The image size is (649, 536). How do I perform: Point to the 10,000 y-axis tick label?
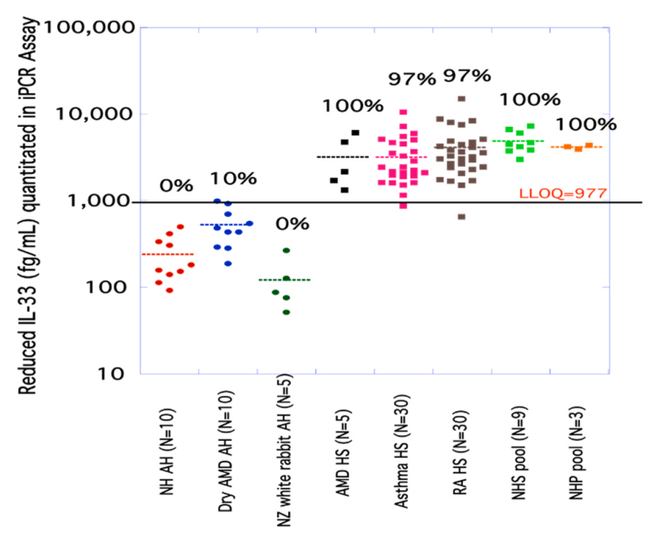pos(94,115)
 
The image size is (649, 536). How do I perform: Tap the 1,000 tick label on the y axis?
pos(100,201)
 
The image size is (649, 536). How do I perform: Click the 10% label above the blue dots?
pos(234,179)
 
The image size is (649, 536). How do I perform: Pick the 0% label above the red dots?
pos(175,185)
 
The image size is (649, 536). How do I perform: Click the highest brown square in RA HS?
pos(461,99)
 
